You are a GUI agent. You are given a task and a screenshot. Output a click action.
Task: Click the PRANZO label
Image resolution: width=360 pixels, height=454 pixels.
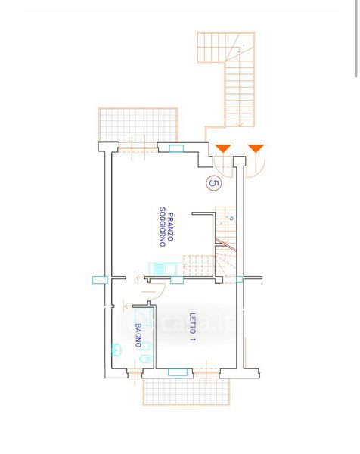tap(171, 227)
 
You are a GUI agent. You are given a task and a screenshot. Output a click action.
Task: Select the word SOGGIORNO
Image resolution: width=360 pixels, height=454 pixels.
tap(163, 227)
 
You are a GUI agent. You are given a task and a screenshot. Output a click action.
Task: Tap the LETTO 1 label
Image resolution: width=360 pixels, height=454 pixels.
tap(192, 327)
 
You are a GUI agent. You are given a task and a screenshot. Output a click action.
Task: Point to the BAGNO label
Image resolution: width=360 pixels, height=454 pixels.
tap(138, 335)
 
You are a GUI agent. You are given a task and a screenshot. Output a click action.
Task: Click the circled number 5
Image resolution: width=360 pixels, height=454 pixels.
tap(214, 183)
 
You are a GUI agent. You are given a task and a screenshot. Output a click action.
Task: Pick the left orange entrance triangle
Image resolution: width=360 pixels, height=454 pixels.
tap(223, 148)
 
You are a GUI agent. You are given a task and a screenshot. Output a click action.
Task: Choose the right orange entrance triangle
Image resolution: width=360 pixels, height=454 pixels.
tap(256, 148)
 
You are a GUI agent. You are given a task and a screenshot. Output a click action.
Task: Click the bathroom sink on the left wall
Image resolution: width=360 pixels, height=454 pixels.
tap(116, 350)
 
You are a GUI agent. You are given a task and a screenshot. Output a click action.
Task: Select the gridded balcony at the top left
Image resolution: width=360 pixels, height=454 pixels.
tap(138, 125)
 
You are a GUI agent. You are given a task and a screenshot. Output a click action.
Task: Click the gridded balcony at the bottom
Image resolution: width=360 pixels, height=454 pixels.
tap(186, 392)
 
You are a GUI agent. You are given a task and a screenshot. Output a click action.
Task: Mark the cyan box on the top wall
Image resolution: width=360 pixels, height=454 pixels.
tap(176, 148)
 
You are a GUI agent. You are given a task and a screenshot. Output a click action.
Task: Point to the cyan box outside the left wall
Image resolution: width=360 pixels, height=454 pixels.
tap(100, 280)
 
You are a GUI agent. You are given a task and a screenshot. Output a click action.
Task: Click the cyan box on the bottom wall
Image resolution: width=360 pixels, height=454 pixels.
tap(178, 372)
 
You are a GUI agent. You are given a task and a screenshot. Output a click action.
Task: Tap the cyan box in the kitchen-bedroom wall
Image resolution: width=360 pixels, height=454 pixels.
tap(177, 280)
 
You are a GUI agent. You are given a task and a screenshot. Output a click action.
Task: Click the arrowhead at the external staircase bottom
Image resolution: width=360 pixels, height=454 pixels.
tap(240, 125)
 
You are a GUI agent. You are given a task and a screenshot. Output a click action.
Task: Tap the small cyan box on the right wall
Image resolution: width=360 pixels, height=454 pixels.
tap(240, 279)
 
